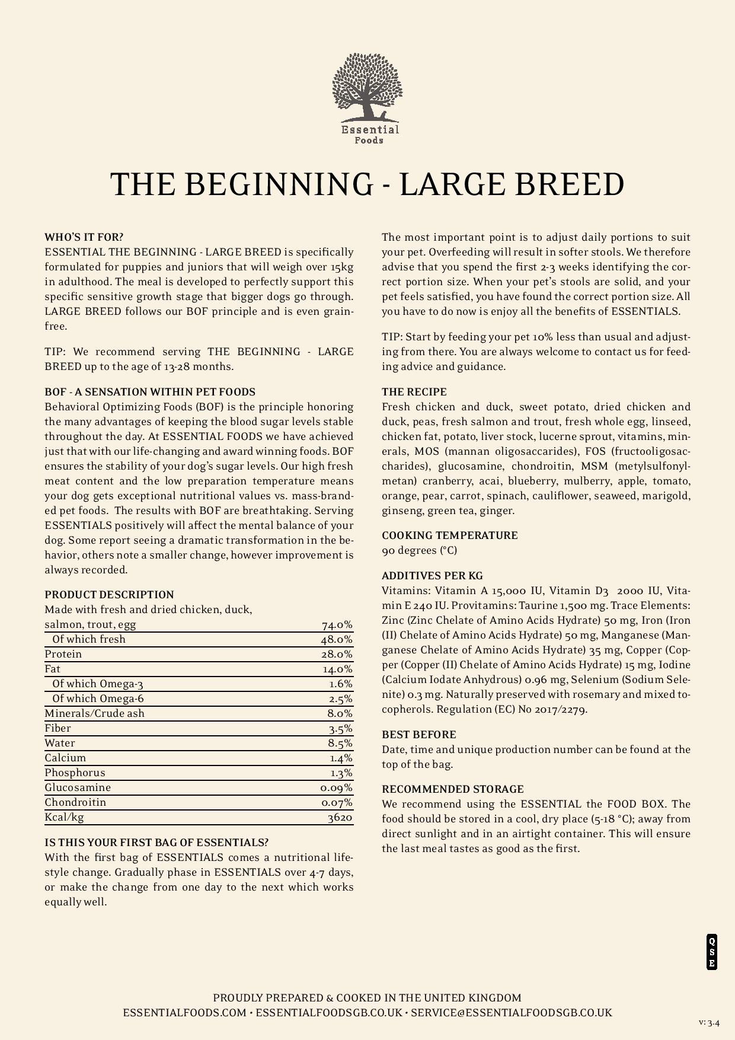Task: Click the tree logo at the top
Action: tap(367, 89)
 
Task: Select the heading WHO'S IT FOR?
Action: tap(84, 237)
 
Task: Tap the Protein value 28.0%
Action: tap(337, 654)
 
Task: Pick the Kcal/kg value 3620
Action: tap(340, 818)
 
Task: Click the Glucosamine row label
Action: tap(78, 787)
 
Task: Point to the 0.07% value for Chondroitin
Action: tap(337, 803)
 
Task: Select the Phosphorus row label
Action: tap(75, 773)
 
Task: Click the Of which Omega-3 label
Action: tap(98, 684)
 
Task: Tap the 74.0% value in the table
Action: tap(337, 625)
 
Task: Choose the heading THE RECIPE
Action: tap(414, 392)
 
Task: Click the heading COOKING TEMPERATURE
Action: tap(450, 535)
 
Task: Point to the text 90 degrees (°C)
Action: tap(420, 550)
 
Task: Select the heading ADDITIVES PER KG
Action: tap(432, 576)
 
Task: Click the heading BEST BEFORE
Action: tap(419, 735)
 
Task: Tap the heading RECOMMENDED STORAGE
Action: tap(453, 789)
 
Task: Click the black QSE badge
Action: tap(712, 952)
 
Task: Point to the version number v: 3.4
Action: tap(709, 1023)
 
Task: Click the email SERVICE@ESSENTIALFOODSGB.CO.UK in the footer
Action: tap(512, 1013)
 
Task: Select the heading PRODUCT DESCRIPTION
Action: tap(109, 595)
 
